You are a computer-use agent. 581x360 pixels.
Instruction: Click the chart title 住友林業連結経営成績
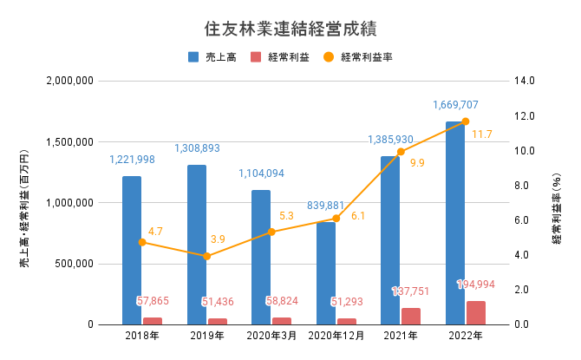click(x=290, y=27)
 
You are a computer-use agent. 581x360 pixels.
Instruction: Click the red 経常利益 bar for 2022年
click(x=476, y=312)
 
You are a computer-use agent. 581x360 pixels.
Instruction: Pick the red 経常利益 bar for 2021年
click(x=411, y=316)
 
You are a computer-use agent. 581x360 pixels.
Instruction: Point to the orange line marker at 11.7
click(x=466, y=121)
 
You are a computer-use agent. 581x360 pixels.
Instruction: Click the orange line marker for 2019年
click(x=206, y=256)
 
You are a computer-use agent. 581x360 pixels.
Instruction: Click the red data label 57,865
click(x=154, y=301)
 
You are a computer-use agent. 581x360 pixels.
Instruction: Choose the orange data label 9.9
click(x=418, y=163)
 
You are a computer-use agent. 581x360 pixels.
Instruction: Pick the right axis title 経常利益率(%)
click(x=557, y=203)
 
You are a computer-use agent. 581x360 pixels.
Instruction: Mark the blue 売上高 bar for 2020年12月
click(x=326, y=273)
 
